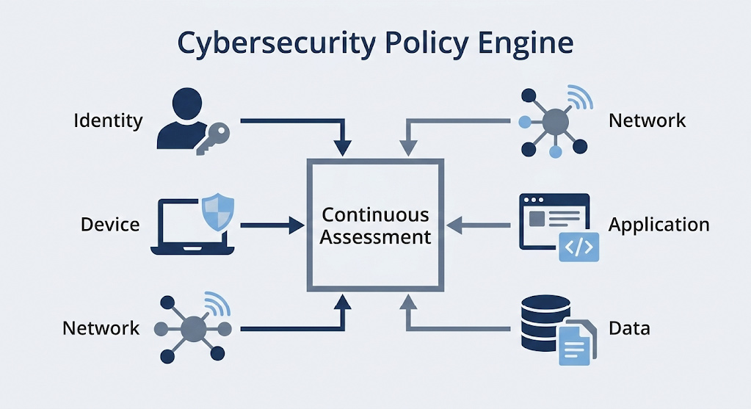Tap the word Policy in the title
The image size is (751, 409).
(400, 43)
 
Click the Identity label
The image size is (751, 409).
(108, 120)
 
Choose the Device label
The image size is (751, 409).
(110, 224)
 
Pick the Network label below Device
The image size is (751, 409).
(101, 327)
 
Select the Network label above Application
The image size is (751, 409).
(647, 120)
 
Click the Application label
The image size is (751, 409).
(659, 224)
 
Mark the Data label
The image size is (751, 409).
(629, 327)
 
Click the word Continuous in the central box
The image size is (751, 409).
(375, 215)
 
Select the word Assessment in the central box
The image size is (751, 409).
(375, 237)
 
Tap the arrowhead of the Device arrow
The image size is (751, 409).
(297, 225)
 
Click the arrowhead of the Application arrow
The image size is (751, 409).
(454, 225)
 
